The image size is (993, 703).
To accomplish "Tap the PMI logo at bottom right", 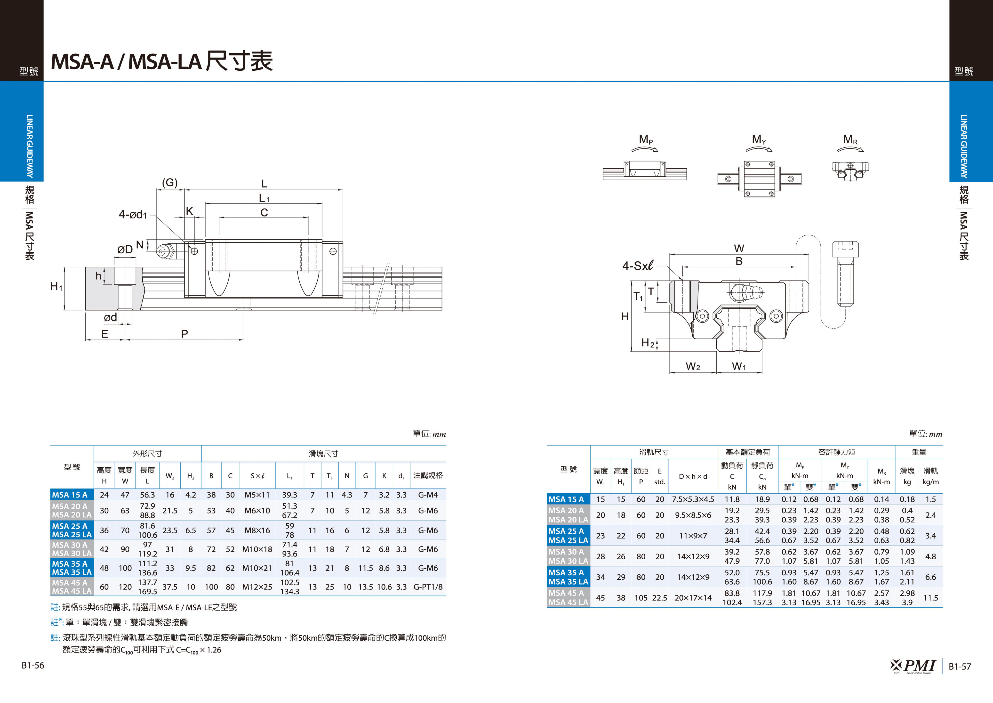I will tap(913, 666).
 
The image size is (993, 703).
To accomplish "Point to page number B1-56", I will tap(33, 665).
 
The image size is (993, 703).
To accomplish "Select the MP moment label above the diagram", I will tap(646, 139).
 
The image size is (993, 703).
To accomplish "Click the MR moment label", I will tap(850, 139).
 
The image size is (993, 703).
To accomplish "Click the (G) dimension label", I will tap(169, 183).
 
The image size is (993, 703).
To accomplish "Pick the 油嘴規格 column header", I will tap(428, 475).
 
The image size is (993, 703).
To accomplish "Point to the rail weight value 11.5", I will tap(930, 598).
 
